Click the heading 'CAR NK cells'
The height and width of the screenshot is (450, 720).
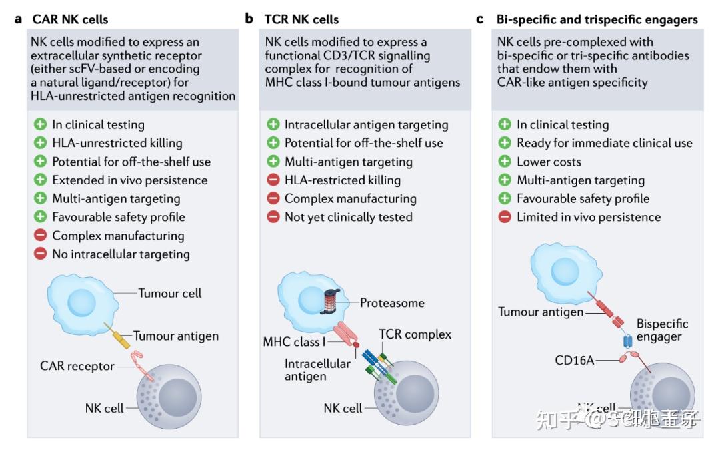click(x=70, y=19)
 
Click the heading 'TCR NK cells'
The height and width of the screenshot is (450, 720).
click(x=301, y=19)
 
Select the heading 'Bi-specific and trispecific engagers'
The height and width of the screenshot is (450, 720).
click(x=597, y=19)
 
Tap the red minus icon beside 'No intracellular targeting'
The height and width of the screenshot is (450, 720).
click(x=40, y=254)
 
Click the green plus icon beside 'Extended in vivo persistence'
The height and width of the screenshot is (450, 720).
click(x=40, y=180)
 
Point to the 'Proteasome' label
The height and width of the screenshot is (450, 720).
click(x=392, y=303)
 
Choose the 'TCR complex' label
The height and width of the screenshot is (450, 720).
click(x=415, y=334)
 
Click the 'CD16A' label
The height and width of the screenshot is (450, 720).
click(x=575, y=361)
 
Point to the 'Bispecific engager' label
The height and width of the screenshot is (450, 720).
click(x=662, y=330)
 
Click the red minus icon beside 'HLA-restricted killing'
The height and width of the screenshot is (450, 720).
click(x=273, y=180)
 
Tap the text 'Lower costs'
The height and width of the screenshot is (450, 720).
click(x=549, y=162)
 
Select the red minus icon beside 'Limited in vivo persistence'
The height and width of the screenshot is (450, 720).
click(x=505, y=217)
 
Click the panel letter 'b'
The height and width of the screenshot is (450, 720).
click(x=249, y=19)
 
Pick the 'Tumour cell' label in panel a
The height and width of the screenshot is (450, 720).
click(x=170, y=293)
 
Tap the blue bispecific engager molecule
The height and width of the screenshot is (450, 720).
click(x=627, y=341)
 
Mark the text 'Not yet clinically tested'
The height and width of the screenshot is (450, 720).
click(x=348, y=217)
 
